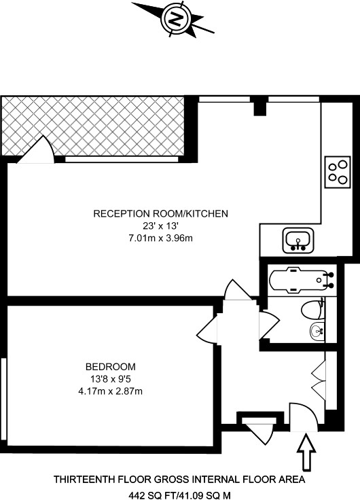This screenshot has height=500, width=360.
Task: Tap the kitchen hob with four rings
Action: tap(338, 172)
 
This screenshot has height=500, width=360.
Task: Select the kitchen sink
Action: tap(298, 240)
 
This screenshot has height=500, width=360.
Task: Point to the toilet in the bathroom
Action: tap(313, 309)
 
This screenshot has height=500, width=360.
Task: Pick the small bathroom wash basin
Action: tap(317, 331)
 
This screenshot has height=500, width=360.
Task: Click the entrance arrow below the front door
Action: tap(306, 451)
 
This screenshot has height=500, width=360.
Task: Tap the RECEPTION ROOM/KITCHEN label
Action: tap(161, 213)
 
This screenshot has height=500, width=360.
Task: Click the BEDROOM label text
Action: tap(110, 367)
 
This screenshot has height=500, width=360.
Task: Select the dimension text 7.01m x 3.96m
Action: tap(161, 238)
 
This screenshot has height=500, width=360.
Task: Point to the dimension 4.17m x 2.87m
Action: tap(110, 391)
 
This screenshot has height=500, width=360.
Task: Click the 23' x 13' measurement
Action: tap(160, 226)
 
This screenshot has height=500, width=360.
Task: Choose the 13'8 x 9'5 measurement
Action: tap(111, 379)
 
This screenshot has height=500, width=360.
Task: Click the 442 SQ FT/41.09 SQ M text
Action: tap(179, 495)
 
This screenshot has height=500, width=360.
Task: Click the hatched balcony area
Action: tap(93, 126)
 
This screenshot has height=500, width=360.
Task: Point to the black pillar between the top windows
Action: tap(260, 107)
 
